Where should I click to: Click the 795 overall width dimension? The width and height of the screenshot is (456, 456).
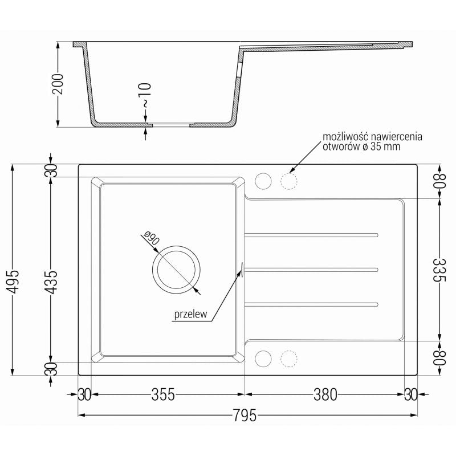(246, 416)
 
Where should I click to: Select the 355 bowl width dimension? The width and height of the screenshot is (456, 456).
(162, 394)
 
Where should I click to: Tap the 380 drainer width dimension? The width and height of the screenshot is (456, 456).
(325, 394)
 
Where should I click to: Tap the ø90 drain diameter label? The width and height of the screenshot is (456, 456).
(150, 238)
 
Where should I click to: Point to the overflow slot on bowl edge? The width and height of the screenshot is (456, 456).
(243, 269)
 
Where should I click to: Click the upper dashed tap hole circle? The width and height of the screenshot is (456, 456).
(289, 181)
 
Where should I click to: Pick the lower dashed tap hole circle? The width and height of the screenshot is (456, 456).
(289, 358)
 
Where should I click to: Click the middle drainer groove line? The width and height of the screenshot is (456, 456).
(311, 268)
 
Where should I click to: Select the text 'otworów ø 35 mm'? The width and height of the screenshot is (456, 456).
(361, 147)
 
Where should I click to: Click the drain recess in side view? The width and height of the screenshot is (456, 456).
(169, 123)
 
